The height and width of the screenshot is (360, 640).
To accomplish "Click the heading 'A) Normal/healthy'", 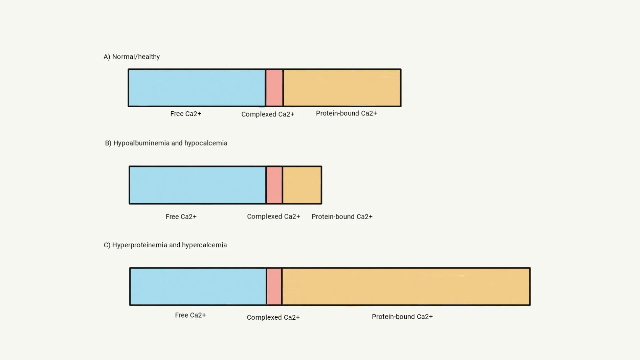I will click(132, 57).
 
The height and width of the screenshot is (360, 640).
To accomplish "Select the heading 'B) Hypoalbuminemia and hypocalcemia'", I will click(166, 143).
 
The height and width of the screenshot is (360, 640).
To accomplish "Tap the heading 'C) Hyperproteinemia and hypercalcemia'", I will click(165, 245).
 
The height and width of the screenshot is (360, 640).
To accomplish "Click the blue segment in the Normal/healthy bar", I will click(197, 88).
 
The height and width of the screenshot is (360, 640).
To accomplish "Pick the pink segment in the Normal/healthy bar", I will click(274, 88).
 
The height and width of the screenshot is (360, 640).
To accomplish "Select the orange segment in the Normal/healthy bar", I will click(342, 88).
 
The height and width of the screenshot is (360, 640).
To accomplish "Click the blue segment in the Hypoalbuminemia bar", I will click(198, 185).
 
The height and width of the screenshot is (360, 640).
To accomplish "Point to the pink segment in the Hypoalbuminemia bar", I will click(274, 185).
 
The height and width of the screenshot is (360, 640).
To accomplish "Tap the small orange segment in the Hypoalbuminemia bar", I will click(302, 185).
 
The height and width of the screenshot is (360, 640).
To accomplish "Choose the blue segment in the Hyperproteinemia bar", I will click(198, 286).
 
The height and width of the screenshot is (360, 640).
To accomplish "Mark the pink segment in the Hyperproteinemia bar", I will click(274, 286).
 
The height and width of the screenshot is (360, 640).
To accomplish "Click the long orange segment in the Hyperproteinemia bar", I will click(406, 286).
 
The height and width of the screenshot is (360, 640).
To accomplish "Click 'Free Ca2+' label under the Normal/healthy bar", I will click(186, 114).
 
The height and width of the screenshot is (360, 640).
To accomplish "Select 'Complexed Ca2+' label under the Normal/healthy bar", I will click(268, 114).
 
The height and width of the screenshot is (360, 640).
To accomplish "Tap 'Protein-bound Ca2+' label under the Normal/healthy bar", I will click(346, 113).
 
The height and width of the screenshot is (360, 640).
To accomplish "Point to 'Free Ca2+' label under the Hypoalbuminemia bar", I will click(181, 217).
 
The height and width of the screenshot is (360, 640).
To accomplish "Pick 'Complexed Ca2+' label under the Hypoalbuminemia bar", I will click(273, 216).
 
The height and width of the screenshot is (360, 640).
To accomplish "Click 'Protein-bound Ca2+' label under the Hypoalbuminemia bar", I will click(342, 217).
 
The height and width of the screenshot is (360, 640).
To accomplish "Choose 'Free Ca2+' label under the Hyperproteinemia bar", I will click(190, 315).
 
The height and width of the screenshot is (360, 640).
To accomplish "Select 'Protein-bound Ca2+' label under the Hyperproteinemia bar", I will click(402, 317).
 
